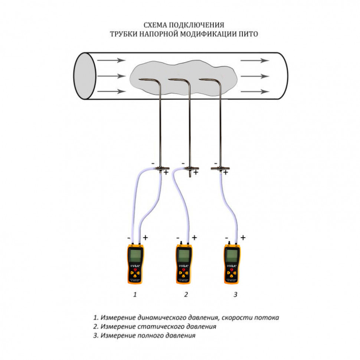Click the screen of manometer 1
point(135,256)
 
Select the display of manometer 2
point(184,255)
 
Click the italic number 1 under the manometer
point(135,295)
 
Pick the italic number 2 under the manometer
point(186,295)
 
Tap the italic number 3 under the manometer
point(235,295)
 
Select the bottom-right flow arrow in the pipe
point(255,91)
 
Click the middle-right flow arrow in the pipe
point(255,76)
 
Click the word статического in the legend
point(153,327)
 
